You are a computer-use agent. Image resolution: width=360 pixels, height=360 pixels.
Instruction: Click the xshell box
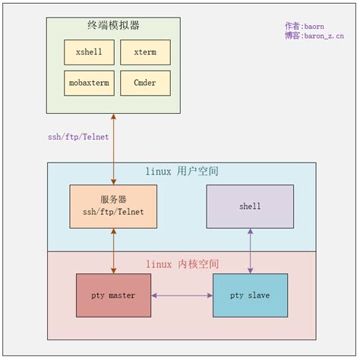click(x=89, y=52)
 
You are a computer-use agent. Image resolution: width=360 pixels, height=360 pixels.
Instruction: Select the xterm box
click(x=145, y=52)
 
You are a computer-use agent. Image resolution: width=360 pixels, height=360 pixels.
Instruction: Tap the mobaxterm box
click(x=89, y=83)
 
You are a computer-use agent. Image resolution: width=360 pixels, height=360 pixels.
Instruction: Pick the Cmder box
click(x=145, y=83)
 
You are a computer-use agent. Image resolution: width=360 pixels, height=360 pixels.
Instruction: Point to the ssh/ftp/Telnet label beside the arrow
click(x=78, y=137)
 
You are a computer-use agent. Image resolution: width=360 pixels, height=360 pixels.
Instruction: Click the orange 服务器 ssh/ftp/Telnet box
click(x=113, y=206)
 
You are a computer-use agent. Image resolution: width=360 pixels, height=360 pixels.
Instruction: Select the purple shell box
click(x=250, y=206)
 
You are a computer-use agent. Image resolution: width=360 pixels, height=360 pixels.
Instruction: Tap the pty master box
click(x=114, y=295)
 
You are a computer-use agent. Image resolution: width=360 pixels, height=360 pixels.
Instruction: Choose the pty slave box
click(x=250, y=295)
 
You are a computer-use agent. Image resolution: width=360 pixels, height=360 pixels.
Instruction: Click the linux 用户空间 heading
click(x=182, y=172)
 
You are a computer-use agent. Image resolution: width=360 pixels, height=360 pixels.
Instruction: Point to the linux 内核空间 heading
click(x=182, y=264)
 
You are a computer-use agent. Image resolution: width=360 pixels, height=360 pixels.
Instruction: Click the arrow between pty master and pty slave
click(x=182, y=295)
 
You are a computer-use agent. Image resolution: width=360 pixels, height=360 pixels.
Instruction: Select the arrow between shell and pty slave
click(x=250, y=251)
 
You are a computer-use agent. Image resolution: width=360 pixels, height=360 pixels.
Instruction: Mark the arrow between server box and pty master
click(x=114, y=251)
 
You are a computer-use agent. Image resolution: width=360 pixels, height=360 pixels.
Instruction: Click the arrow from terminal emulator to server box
click(x=114, y=148)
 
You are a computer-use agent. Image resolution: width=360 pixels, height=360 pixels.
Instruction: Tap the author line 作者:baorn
click(x=305, y=26)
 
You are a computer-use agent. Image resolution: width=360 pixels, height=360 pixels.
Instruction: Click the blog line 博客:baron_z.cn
click(x=314, y=36)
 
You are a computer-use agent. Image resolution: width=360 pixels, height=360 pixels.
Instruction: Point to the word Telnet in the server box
click(x=130, y=212)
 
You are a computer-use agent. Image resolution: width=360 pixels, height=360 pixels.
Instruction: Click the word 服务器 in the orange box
click(x=113, y=200)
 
